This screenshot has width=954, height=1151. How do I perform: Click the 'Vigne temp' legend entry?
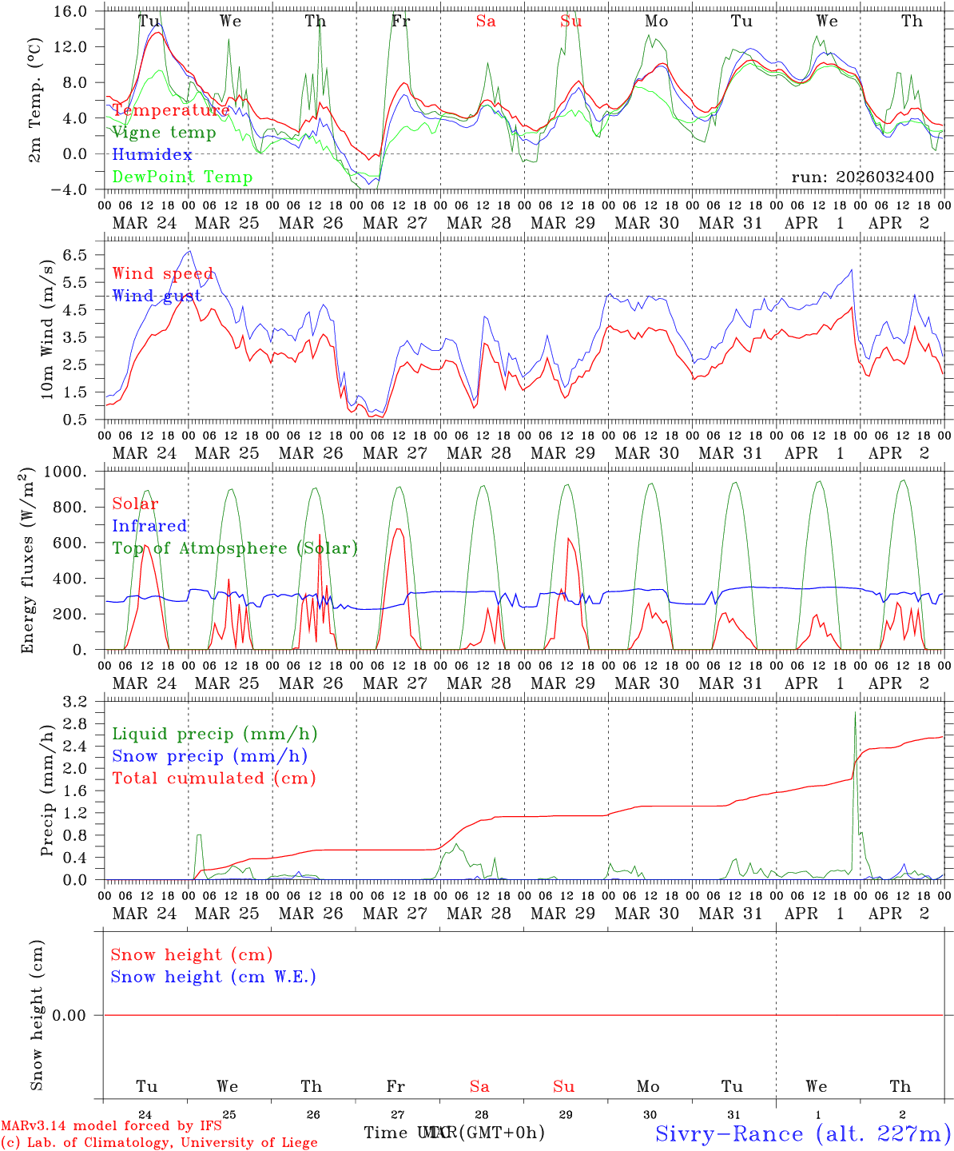coord(164,133)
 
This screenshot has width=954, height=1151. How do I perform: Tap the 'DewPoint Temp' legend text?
coord(182,177)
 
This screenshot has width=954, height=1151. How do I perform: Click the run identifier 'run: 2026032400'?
coord(862,177)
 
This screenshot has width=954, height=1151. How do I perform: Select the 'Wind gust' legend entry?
coord(157,296)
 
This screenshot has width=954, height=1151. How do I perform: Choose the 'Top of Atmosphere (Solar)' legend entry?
coord(235,548)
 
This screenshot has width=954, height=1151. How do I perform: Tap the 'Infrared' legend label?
coord(149,526)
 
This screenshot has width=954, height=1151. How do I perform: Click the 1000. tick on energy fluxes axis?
coord(74,472)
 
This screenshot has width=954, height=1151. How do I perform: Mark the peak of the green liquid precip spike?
coord(856,712)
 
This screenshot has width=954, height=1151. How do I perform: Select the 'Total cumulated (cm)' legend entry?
coord(213,778)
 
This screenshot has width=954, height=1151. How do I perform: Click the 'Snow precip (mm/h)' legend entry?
coord(209,756)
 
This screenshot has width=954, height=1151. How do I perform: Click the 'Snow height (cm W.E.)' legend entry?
coord(213,977)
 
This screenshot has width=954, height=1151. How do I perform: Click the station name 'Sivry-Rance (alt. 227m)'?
coord(802,1133)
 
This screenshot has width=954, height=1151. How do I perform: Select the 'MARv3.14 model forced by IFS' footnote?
coord(111,1126)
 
